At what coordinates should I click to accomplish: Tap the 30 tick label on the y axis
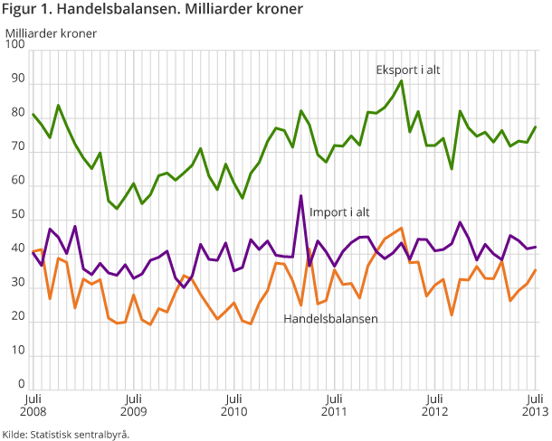pos(16,288)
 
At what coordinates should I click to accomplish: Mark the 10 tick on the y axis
pos(16,356)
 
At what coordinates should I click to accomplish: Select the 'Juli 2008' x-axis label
pos(33,405)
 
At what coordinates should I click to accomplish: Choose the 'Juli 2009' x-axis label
pos(133,405)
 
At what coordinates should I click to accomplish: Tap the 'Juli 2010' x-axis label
pos(233,405)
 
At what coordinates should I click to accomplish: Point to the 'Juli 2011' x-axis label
pos(334,405)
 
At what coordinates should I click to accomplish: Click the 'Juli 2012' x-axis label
pos(434,405)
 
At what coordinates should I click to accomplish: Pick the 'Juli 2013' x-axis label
pos(534,405)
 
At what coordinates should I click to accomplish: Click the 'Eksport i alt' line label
pos(408,70)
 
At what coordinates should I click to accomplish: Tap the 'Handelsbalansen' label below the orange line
pos(330,319)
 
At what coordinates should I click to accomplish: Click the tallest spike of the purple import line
pos(300,196)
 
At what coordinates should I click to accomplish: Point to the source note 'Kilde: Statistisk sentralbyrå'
pos(65,433)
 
